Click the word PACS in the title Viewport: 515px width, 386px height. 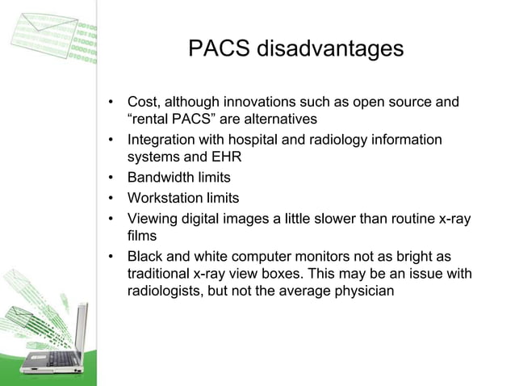click(219, 49)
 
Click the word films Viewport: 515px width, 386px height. click(142, 235)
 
